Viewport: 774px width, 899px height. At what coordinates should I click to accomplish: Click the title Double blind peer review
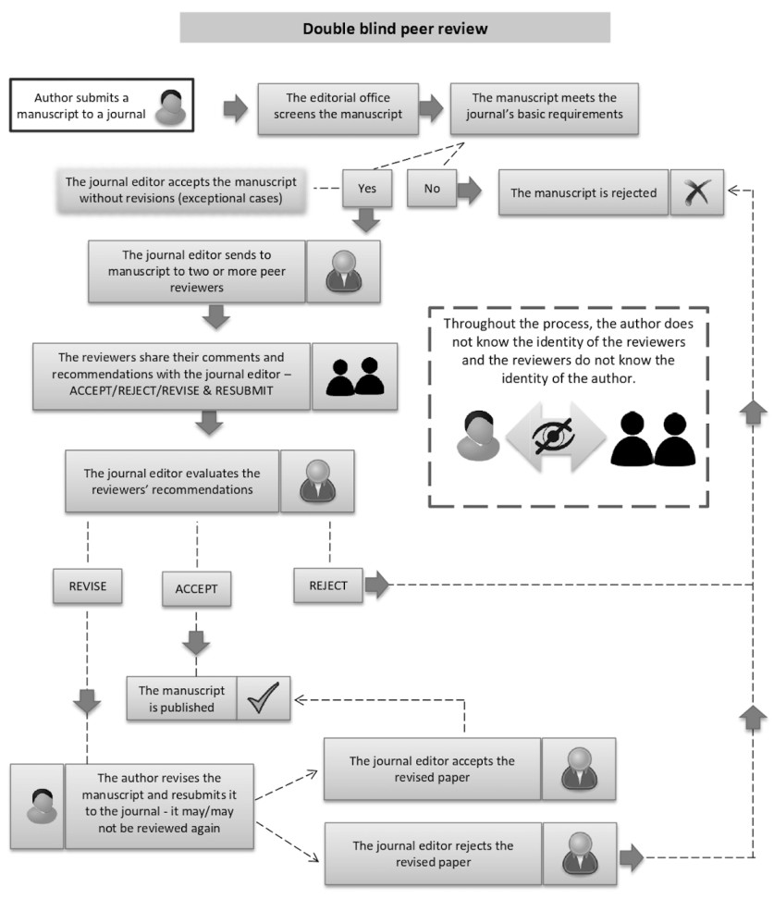pos(395,29)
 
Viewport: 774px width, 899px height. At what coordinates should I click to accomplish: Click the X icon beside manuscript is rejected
pos(696,192)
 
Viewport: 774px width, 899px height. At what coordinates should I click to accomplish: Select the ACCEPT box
pos(197,588)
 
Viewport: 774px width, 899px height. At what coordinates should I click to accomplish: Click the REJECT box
pos(328,585)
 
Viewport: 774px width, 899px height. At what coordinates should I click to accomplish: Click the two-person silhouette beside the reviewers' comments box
pos(355,376)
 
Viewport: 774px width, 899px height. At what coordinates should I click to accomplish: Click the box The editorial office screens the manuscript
pos(336,106)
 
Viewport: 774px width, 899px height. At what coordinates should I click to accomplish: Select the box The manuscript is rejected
pos(583,192)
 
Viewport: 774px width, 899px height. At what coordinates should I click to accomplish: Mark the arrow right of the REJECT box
pos(377,585)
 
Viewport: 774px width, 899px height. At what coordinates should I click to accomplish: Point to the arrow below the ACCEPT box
pos(197,641)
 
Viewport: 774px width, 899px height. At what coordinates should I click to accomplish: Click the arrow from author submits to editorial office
pos(236,107)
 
